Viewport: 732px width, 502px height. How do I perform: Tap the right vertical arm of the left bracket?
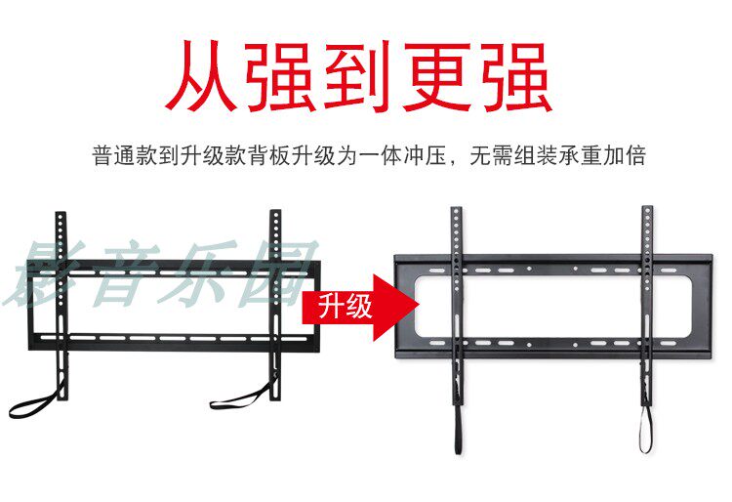(276, 293)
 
